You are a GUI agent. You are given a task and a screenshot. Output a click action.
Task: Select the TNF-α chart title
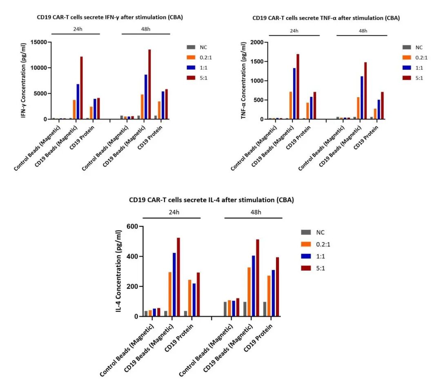326,18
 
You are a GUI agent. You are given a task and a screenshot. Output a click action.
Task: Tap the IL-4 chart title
212,200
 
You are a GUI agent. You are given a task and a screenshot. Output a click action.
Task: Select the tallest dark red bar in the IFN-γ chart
149,84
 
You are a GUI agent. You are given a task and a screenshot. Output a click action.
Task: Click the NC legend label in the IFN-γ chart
204,47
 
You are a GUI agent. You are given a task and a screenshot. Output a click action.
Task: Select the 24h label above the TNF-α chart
294,31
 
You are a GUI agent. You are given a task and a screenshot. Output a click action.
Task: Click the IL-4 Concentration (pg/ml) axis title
119,271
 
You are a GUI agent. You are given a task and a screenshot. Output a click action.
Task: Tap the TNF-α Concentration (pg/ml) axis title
243,81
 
